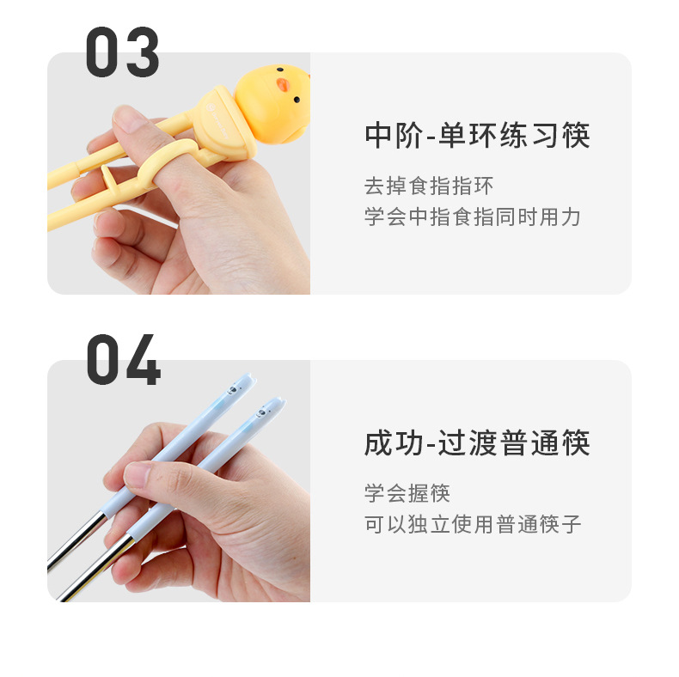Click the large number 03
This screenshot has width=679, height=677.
122,53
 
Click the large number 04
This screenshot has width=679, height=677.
123,360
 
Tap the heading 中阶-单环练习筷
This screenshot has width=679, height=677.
477,137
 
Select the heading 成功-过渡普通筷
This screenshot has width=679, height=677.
477,444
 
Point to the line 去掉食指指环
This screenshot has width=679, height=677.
429,186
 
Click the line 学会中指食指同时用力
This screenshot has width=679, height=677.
473,217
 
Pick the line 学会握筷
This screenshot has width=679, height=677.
407,494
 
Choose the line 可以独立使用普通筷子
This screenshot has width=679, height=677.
473,524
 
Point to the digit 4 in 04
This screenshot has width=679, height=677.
143,361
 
